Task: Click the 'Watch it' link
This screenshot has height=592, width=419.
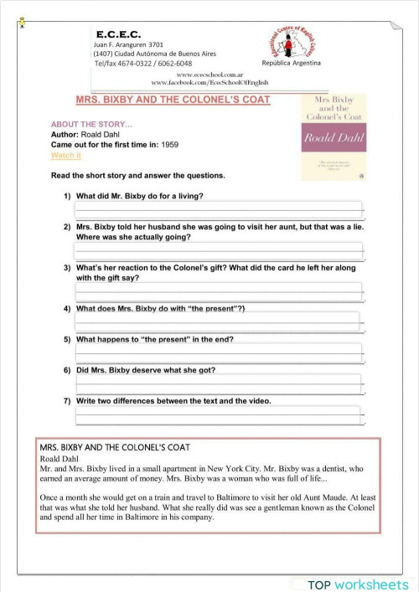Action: click(66, 156)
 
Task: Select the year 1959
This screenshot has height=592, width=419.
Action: click(171, 145)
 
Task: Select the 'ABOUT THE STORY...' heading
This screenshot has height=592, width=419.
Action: click(85, 124)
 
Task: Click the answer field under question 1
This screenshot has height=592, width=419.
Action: click(219, 209)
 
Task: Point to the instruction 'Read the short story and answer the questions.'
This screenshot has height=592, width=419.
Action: click(138, 176)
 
